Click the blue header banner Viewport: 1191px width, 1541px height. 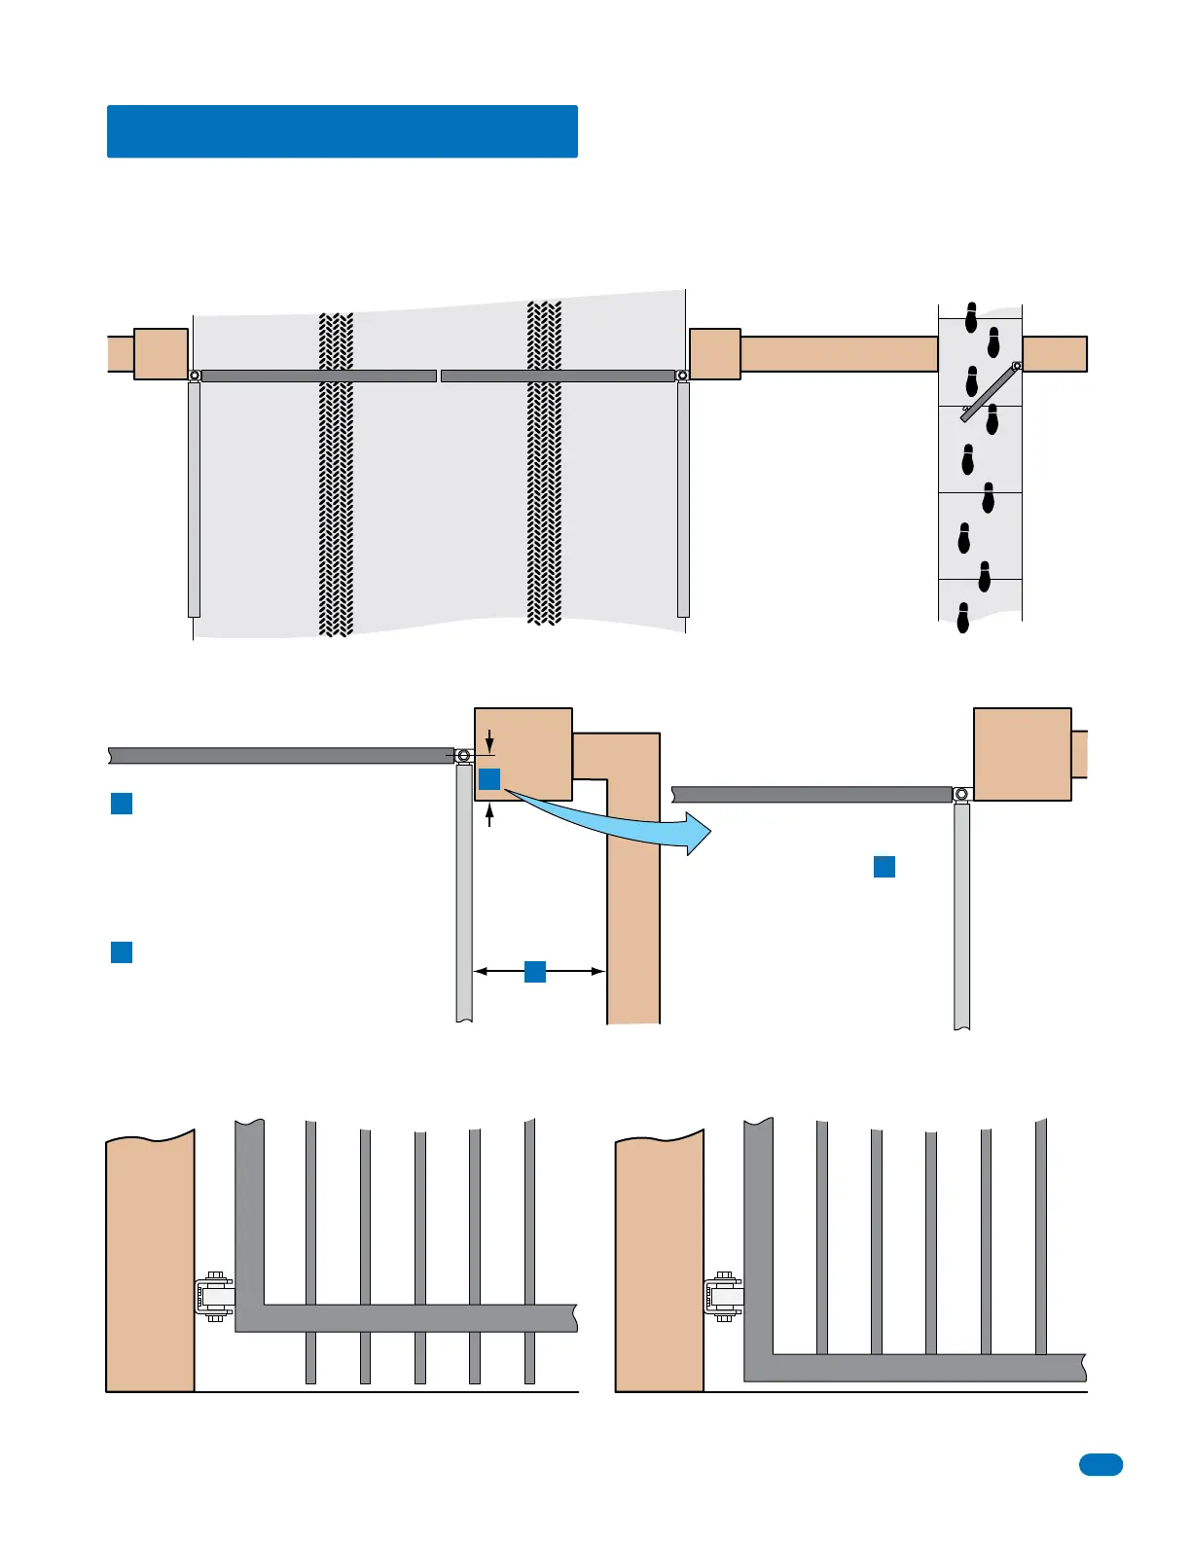click(x=342, y=131)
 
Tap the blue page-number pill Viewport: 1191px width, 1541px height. click(x=1101, y=1464)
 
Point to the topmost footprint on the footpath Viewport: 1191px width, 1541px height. click(x=971, y=317)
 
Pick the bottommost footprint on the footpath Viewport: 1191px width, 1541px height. click(x=963, y=618)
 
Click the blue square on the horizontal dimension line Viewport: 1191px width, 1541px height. click(x=535, y=971)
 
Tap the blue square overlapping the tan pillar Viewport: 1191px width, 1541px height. click(x=489, y=778)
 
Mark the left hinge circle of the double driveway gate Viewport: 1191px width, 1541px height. click(x=195, y=376)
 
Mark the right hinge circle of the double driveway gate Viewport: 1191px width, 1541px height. click(x=683, y=376)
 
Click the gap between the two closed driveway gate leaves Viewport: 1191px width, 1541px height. click(x=439, y=376)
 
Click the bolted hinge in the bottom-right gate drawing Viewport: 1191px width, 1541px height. click(x=724, y=1296)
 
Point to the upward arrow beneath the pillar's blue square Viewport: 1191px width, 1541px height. click(x=489, y=815)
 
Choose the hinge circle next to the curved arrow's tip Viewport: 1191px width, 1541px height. click(x=961, y=794)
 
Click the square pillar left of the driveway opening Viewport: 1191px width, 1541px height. click(x=161, y=354)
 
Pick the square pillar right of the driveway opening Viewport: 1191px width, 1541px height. click(x=715, y=354)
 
